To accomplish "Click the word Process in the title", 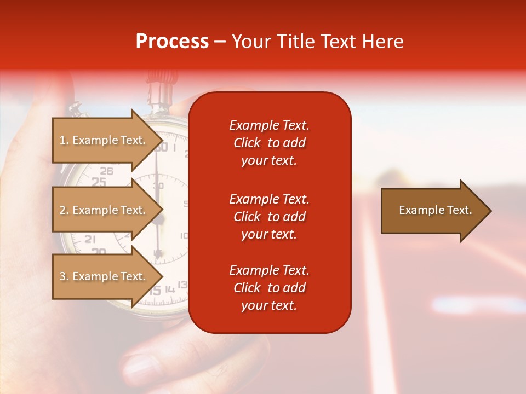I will click(172, 42).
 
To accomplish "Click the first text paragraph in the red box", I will click(269, 143).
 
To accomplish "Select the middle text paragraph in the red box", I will click(269, 217).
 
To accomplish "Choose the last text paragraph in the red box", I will click(269, 288).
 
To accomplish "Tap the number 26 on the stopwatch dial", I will click(106, 171).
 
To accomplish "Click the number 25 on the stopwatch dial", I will click(99, 182).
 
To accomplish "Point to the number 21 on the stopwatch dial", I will click(90, 239).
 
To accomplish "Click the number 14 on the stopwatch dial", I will click(170, 288).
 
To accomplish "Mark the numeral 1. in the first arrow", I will click(64, 140).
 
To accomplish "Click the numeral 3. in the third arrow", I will click(64, 276).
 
